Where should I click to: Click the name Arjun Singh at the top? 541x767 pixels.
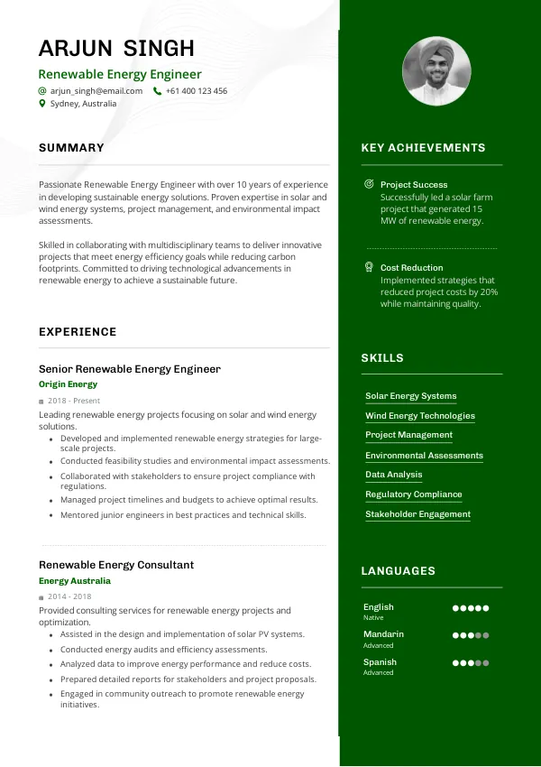click(x=116, y=49)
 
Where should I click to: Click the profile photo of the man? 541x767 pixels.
click(x=436, y=71)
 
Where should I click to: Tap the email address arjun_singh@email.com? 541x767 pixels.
click(x=96, y=91)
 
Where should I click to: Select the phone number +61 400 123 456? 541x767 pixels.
click(x=197, y=91)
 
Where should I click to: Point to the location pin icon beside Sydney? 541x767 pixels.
click(x=42, y=104)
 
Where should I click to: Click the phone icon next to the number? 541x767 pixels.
click(x=158, y=91)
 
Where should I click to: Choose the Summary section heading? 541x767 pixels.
click(x=71, y=148)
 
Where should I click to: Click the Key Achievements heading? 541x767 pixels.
click(x=423, y=148)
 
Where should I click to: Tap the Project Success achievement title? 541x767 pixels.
click(x=414, y=184)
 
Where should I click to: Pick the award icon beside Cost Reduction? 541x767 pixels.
click(x=369, y=267)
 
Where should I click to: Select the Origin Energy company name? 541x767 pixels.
click(x=68, y=384)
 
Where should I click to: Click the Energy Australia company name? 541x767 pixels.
click(x=75, y=581)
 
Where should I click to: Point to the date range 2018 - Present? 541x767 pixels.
click(x=74, y=401)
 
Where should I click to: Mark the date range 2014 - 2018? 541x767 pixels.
click(x=69, y=597)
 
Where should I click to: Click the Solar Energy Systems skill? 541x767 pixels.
click(x=411, y=396)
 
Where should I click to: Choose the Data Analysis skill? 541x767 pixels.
click(x=394, y=475)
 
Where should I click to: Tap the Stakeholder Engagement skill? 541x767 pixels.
click(x=417, y=514)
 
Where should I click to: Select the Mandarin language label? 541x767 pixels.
click(x=383, y=634)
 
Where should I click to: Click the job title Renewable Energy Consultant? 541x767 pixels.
click(x=116, y=565)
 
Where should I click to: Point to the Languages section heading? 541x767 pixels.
click(x=398, y=571)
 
